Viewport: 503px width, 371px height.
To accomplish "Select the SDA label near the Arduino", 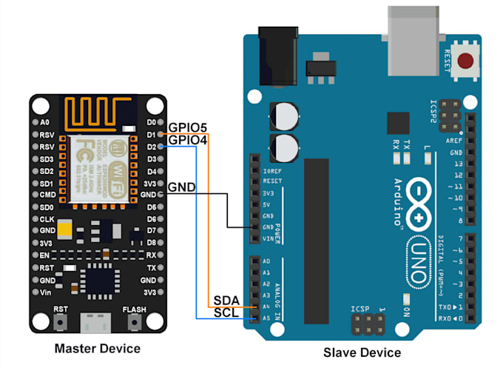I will pyautogui.click(x=226, y=299).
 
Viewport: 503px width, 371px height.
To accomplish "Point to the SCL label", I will pyautogui.click(x=226, y=312).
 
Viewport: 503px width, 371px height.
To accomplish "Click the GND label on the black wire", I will pyautogui.click(x=182, y=187).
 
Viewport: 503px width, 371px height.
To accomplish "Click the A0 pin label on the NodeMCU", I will pyautogui.click(x=45, y=121).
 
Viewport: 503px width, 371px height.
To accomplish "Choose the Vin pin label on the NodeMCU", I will pyautogui.click(x=47, y=293).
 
